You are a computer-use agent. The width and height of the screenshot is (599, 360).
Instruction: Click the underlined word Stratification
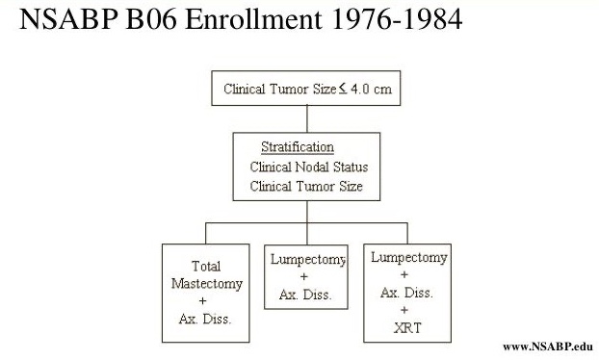[298, 147]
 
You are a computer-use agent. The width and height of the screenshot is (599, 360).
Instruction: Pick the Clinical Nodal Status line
[306, 167]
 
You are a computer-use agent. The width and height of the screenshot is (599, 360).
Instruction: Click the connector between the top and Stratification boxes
[307, 117]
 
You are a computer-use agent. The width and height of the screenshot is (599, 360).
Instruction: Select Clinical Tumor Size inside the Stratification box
[306, 186]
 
